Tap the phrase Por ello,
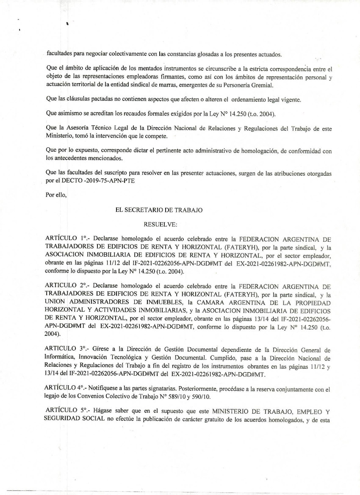coord(55,195)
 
